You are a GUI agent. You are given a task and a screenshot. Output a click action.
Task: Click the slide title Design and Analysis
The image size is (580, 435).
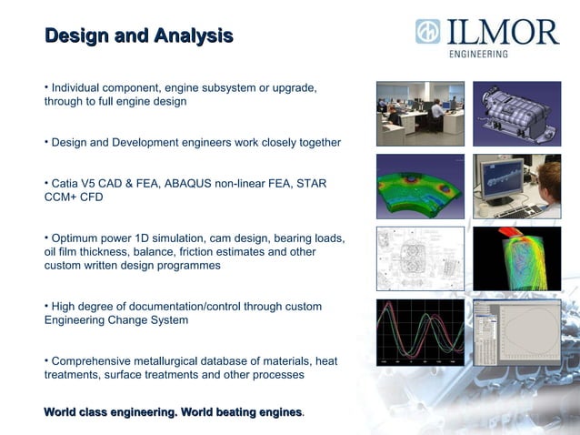138,36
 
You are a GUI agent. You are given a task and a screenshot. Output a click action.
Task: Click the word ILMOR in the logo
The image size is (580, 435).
502,33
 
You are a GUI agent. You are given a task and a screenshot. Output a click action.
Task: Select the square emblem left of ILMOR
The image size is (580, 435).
427,32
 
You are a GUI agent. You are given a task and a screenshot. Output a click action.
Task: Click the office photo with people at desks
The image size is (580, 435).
420,113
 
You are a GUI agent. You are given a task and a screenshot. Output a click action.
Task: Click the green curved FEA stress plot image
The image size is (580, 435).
420,186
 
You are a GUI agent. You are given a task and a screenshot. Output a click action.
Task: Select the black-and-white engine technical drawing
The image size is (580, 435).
420,258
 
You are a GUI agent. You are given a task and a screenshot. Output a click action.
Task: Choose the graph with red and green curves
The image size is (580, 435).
420,332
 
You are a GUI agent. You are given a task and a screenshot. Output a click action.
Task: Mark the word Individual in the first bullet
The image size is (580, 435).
78,87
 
